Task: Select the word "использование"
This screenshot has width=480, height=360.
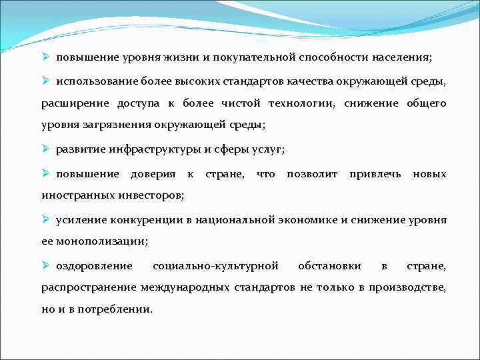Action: [x=97, y=81]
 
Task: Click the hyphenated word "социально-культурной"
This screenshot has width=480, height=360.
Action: [x=215, y=265]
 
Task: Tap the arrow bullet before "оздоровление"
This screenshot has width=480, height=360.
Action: [x=46, y=265]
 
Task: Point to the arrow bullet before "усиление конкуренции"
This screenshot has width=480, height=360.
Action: [x=46, y=219]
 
